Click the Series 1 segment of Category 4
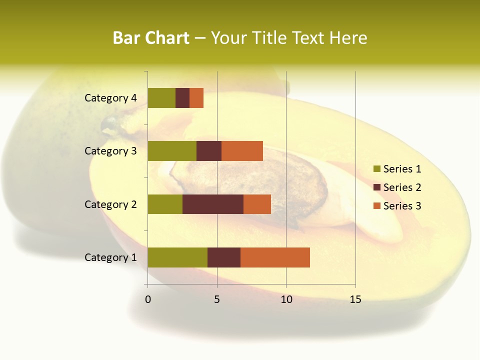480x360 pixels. click(161, 98)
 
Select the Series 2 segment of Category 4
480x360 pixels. click(182, 98)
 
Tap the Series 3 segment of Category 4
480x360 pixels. click(196, 98)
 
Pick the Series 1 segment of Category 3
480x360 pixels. click(172, 151)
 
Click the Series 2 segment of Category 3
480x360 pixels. click(209, 151)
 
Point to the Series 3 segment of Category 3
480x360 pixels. click(242, 151)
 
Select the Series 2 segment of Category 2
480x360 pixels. click(213, 204)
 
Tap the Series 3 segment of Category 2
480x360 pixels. click(257, 204)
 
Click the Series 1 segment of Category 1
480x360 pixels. click(177, 257)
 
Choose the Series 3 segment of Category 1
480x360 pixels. click(275, 257)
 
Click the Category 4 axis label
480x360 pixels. click(110, 98)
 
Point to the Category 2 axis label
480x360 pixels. click(110, 204)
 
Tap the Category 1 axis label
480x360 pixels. click(110, 257)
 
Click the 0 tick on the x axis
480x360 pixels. click(148, 299)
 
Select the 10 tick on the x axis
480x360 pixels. click(286, 299)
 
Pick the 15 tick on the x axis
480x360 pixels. click(355, 299)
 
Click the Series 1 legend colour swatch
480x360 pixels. click(377, 169)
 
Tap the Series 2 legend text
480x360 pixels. click(402, 187)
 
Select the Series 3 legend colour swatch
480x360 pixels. click(377, 206)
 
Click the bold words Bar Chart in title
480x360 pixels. click(151, 38)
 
